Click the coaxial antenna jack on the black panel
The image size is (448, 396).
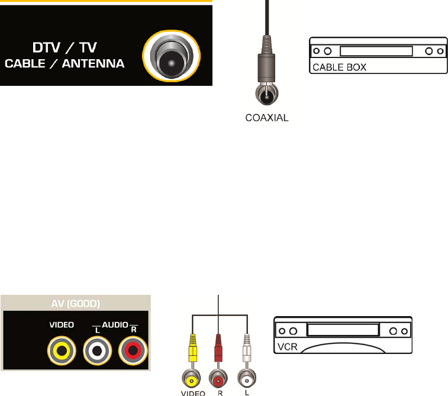(x=172, y=57)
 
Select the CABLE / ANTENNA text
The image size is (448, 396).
(x=65, y=64)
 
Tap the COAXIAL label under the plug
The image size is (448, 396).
(x=267, y=118)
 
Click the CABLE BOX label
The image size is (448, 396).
(x=340, y=67)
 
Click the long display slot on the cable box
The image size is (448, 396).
(x=376, y=51)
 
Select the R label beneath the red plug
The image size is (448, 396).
(x=218, y=392)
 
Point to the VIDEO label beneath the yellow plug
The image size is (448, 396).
(x=193, y=392)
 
